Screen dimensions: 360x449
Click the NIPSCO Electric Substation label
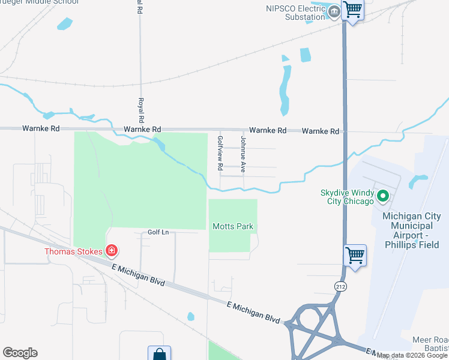295,13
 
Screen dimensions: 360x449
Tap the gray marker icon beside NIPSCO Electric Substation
334,11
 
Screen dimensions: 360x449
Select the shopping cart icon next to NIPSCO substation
352,10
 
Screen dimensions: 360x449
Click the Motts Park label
233,226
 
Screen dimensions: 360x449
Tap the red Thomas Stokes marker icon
111,251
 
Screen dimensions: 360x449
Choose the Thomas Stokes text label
74,251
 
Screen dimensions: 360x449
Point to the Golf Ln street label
158,232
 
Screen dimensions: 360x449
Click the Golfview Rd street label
220,152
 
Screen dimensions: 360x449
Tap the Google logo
20,353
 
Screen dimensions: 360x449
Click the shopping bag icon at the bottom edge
159,354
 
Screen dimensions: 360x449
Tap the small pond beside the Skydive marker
418,181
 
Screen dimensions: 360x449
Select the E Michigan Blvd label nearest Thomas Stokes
141,275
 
